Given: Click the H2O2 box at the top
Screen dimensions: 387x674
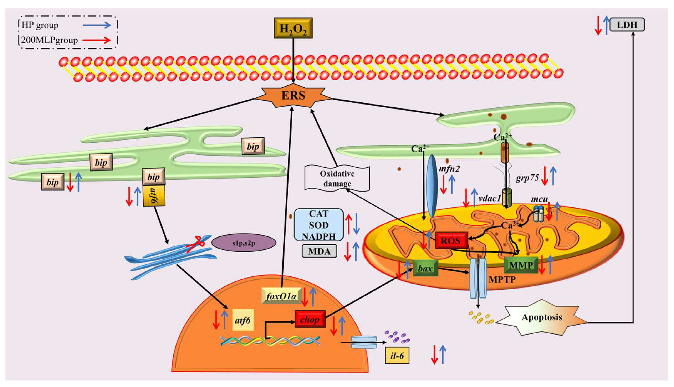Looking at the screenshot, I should (293, 28).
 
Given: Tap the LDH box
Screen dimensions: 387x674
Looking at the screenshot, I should (627, 25).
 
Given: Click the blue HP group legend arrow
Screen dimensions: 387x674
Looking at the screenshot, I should (97, 25).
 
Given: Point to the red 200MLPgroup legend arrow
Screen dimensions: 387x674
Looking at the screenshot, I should (96, 40).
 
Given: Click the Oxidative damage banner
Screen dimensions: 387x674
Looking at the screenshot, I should (337, 178).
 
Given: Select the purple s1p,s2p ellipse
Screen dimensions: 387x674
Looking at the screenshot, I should (244, 243).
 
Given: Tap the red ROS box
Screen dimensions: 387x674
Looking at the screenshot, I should (451, 240).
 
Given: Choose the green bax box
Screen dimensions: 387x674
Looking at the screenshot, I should (425, 269).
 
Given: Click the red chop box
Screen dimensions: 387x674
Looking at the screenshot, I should (310, 319).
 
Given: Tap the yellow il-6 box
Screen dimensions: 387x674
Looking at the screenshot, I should (397, 356).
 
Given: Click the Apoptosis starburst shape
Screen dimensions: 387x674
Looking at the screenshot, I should (541, 317).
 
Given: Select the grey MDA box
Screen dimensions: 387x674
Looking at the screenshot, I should (319, 251).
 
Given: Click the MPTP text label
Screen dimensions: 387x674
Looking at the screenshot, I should (502, 279).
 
